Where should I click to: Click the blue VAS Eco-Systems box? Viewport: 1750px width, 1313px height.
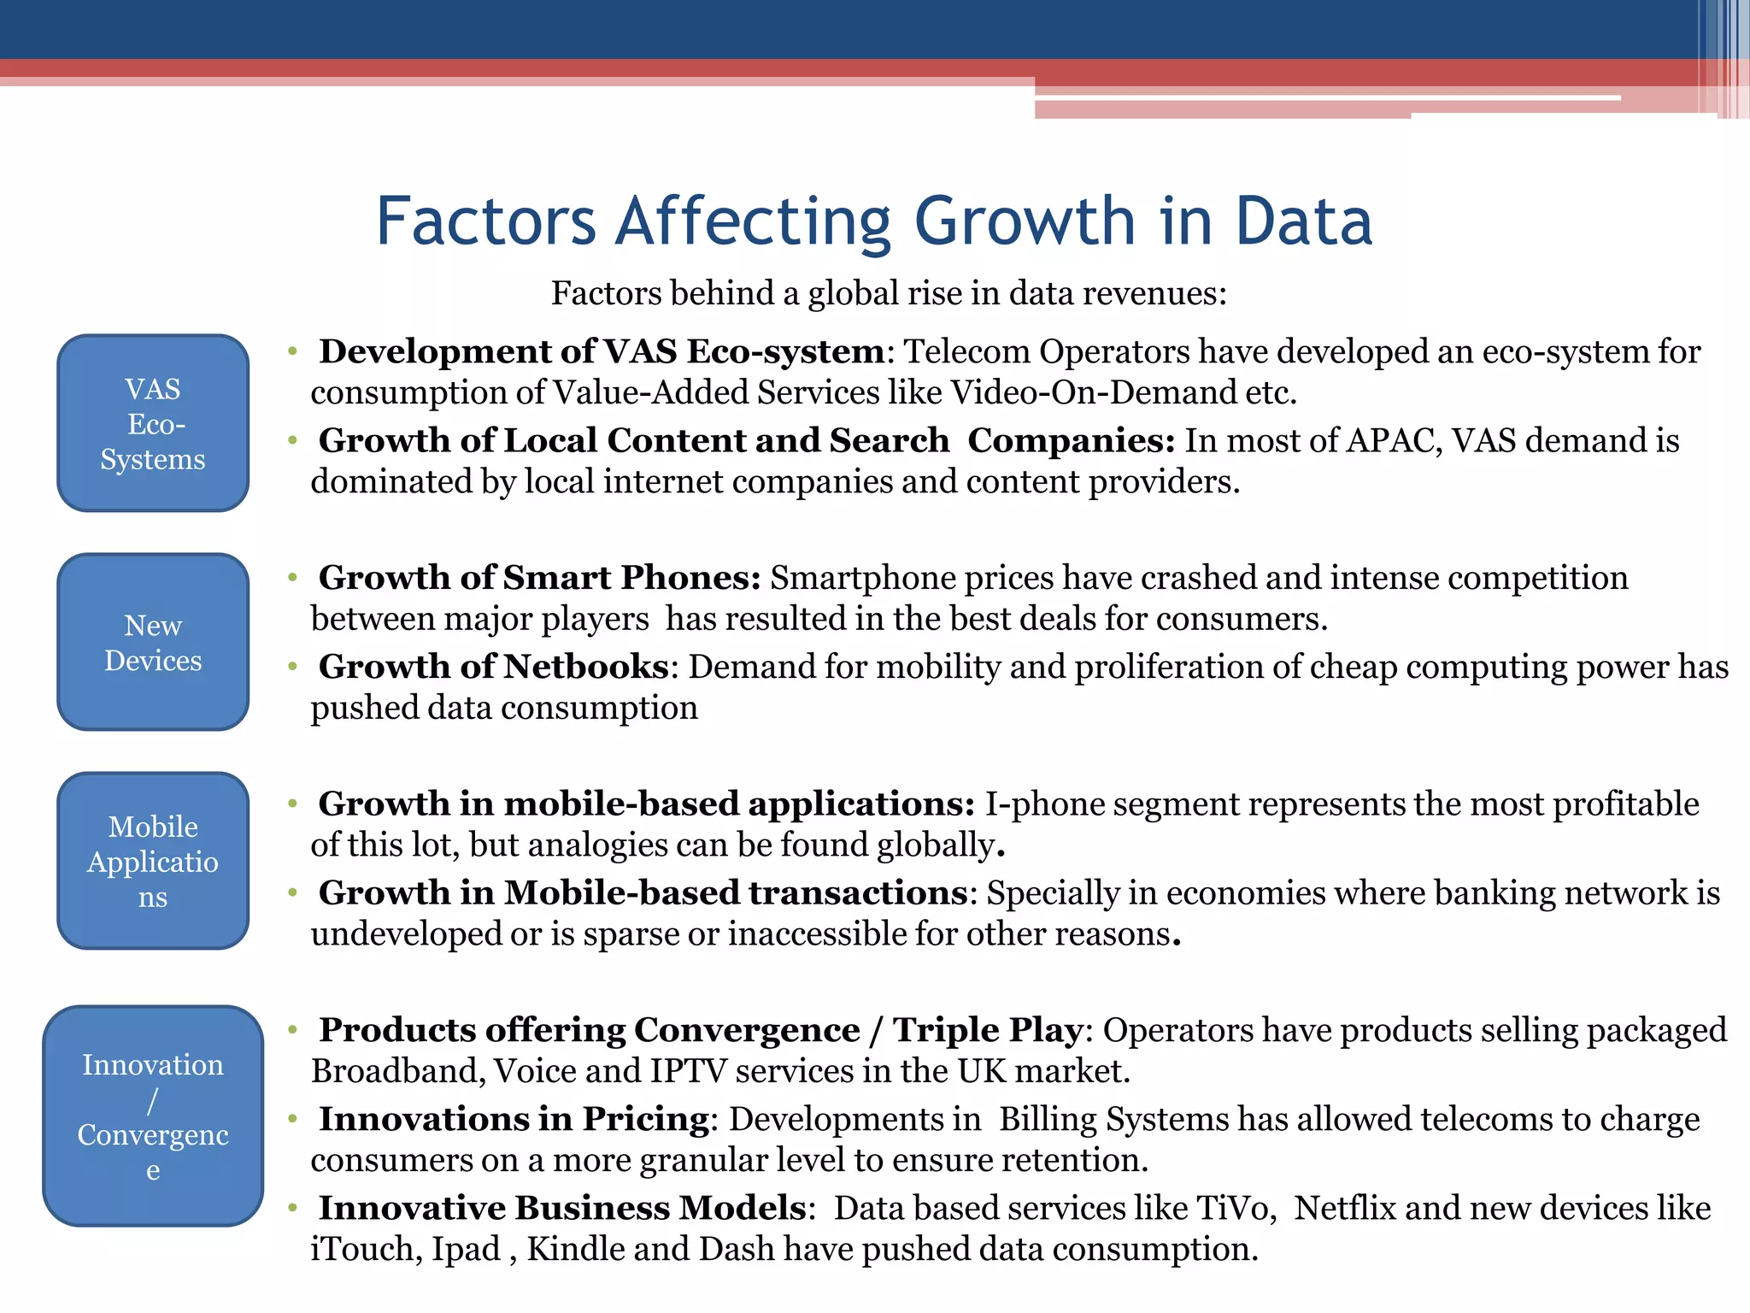(x=153, y=423)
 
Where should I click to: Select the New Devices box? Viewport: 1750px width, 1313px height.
(x=153, y=642)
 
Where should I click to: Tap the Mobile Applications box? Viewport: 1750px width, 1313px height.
(x=153, y=861)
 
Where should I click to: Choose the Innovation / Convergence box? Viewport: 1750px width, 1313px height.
(x=153, y=1116)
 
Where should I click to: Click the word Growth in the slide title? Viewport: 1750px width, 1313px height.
(x=1025, y=222)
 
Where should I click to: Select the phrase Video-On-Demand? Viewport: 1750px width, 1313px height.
(x=1093, y=393)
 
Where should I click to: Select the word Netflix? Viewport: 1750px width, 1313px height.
(x=1344, y=1209)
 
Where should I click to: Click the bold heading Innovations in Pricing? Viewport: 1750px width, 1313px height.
(x=514, y=1120)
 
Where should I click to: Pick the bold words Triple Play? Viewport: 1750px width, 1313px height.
(x=988, y=1031)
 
